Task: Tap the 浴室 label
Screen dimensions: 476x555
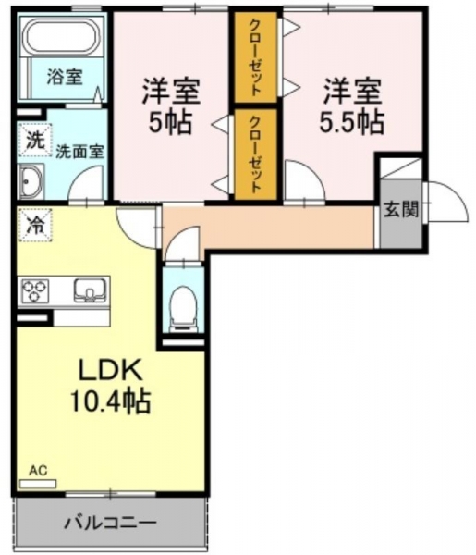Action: (x=65, y=77)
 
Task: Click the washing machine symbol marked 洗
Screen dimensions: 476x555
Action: (x=35, y=141)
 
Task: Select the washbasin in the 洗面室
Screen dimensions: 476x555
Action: (x=31, y=181)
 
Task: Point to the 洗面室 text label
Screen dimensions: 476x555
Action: (x=80, y=152)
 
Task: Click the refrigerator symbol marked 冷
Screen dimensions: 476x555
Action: (x=35, y=225)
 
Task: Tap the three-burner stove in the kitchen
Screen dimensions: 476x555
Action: (x=35, y=290)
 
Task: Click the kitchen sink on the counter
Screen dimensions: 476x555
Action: (x=91, y=290)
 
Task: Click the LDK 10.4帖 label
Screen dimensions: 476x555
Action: (x=110, y=386)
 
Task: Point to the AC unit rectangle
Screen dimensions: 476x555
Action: (x=38, y=484)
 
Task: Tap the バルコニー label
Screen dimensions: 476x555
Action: (x=110, y=523)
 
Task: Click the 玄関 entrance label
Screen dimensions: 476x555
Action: (x=401, y=209)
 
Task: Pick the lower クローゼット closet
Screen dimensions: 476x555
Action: (x=256, y=154)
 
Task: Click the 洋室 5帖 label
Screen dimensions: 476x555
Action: (x=171, y=106)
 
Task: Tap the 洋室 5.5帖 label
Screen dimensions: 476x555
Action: (x=352, y=106)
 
